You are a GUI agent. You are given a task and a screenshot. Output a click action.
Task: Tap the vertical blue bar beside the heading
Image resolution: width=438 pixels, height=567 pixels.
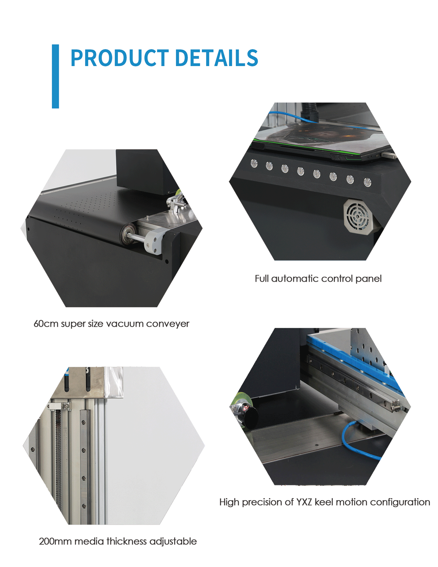point(55,76)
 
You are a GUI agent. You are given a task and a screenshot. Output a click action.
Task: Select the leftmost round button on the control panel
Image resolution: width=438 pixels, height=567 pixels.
point(254,164)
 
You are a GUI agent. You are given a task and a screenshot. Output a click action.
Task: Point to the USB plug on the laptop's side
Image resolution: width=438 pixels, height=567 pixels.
point(389,156)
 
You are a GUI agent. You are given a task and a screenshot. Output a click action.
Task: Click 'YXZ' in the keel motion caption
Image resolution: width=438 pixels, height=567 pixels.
point(304,502)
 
